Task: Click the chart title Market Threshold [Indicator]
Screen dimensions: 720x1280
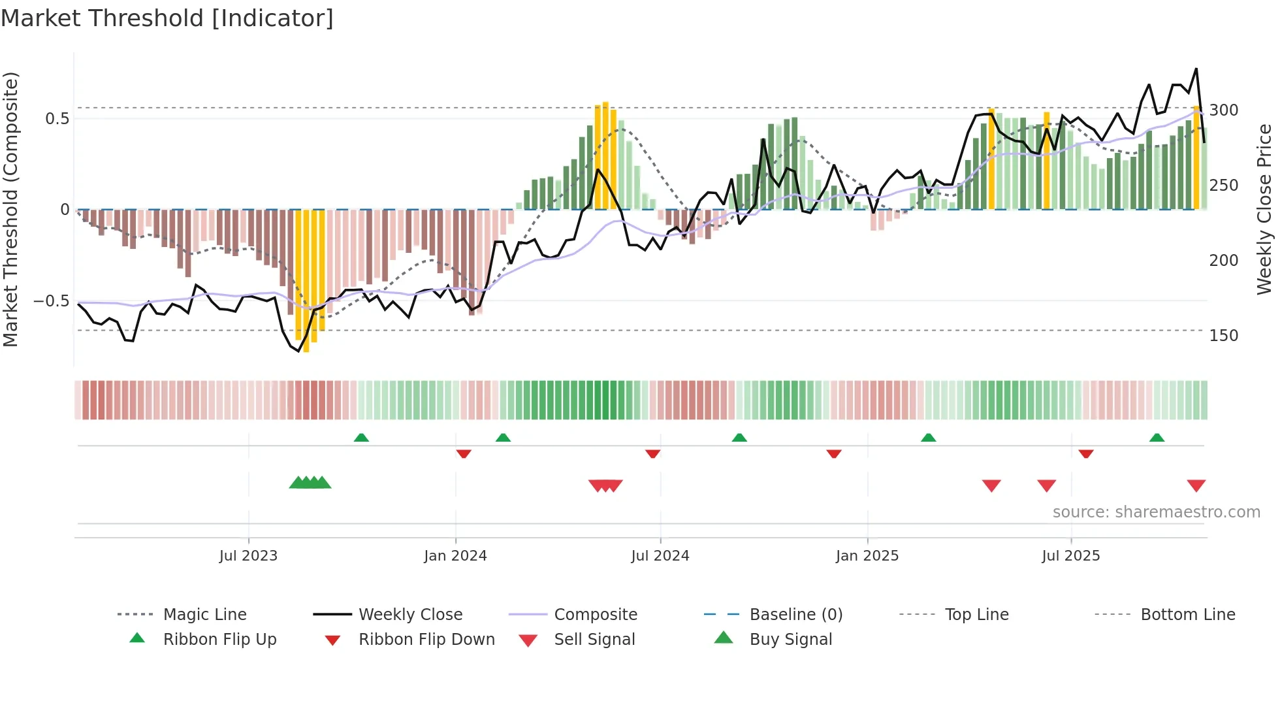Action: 167,18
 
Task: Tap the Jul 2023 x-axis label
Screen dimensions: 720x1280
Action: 248,556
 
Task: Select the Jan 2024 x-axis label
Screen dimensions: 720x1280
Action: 455,556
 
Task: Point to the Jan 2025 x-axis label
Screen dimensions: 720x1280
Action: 867,556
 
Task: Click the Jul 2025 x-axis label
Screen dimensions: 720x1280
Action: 1071,556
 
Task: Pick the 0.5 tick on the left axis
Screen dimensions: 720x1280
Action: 57,119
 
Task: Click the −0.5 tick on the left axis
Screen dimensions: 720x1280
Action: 52,301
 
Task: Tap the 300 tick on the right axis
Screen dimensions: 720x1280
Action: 1224,110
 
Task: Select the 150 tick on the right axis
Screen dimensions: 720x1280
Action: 1224,336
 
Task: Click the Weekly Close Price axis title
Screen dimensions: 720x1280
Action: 1264,209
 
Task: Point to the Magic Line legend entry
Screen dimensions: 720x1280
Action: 204,615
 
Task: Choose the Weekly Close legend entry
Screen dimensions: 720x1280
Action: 410,615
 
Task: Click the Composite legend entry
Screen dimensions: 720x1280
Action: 596,615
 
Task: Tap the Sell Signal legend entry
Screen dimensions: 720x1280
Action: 594,640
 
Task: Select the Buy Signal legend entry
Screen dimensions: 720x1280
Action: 791,640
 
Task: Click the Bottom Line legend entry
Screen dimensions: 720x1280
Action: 1187,615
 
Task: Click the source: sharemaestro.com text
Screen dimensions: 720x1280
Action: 1156,512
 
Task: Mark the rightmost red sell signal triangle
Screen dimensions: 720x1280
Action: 1196,485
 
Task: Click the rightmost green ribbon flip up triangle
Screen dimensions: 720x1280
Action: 1157,438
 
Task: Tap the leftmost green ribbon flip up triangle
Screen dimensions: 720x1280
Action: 361,438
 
